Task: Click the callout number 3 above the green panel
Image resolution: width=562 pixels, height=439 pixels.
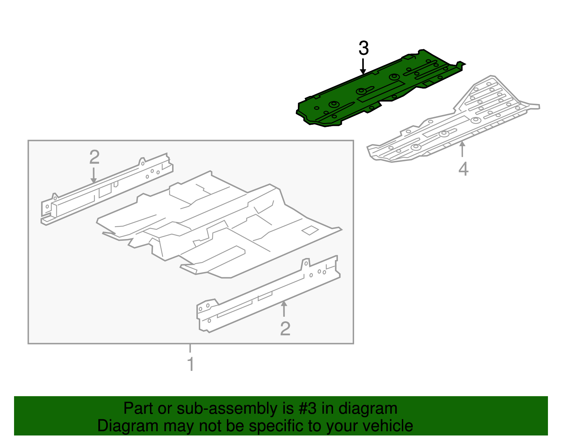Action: (x=364, y=49)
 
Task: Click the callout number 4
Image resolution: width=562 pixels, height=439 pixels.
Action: (x=463, y=169)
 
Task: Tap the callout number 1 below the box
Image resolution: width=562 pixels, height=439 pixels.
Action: (x=191, y=364)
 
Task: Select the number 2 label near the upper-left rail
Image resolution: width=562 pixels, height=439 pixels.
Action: (x=94, y=157)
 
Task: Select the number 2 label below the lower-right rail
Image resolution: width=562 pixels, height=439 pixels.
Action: (x=285, y=329)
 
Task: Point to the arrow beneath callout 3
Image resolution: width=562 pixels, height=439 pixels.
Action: (x=363, y=66)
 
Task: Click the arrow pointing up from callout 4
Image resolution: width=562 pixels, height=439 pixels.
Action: (x=462, y=149)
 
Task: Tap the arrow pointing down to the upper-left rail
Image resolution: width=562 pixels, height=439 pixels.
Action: (x=94, y=175)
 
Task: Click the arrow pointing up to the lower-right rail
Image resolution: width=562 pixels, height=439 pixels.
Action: (x=284, y=309)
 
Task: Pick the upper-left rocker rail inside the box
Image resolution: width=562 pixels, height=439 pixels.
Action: (x=107, y=189)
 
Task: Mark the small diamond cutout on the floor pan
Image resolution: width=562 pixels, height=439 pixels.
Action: (x=310, y=230)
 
